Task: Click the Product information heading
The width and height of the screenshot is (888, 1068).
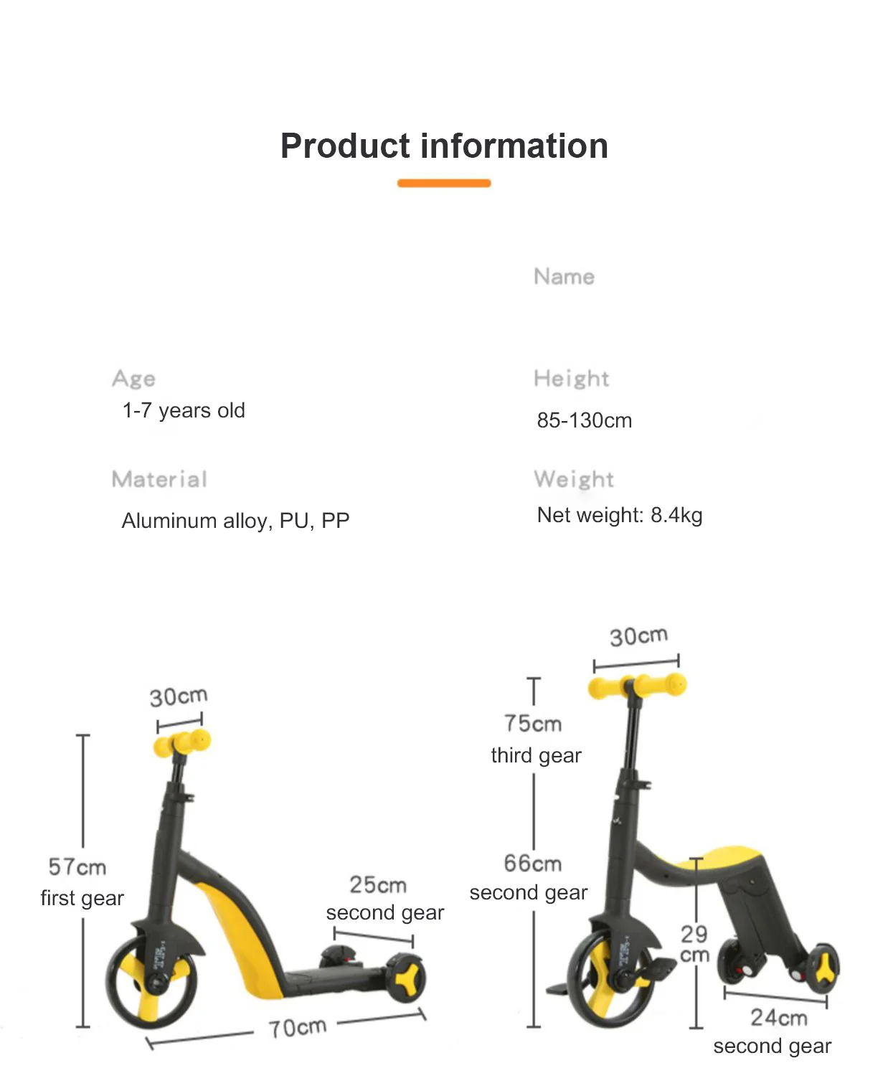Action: (444, 146)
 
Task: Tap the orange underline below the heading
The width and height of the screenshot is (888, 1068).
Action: (444, 184)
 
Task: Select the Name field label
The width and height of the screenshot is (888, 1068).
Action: (564, 277)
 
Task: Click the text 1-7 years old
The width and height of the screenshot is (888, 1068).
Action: (184, 410)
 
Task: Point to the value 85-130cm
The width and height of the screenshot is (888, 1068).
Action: (584, 420)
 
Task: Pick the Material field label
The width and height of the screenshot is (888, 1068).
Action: (159, 479)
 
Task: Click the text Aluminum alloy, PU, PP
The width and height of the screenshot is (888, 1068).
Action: (235, 520)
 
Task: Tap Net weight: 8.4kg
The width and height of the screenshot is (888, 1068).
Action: (619, 515)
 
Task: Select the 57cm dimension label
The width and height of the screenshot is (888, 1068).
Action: (77, 867)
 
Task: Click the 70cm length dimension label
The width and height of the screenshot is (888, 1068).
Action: (297, 1028)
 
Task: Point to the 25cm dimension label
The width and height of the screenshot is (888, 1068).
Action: (378, 885)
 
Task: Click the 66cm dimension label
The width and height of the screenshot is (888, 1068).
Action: (532, 864)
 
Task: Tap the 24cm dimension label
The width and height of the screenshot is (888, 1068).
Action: (779, 1018)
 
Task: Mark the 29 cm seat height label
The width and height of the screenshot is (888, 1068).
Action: (694, 944)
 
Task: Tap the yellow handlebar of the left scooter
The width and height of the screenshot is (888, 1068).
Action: (182, 743)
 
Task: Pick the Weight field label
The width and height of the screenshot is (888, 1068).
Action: (574, 479)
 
